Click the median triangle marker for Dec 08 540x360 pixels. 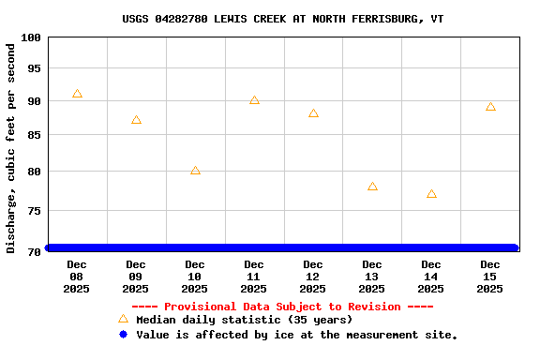(77, 94)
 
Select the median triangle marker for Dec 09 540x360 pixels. (136, 120)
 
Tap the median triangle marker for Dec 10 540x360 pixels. (195, 171)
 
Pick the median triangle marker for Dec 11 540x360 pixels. (254, 100)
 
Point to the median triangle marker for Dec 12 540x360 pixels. (313, 113)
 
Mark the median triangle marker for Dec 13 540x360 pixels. (372, 187)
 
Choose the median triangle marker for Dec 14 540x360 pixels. (431, 194)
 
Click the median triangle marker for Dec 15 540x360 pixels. (490, 107)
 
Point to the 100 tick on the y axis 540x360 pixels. (31, 37)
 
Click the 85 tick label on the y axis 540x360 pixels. (34, 135)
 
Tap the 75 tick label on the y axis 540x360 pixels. (34, 211)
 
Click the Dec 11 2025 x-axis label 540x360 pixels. (254, 277)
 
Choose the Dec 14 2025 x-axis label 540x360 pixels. (431, 277)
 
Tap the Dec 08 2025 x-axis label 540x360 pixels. (77, 277)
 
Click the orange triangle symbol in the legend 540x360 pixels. (123, 319)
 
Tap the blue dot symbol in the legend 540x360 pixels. (123, 335)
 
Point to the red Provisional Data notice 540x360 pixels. (282, 307)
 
